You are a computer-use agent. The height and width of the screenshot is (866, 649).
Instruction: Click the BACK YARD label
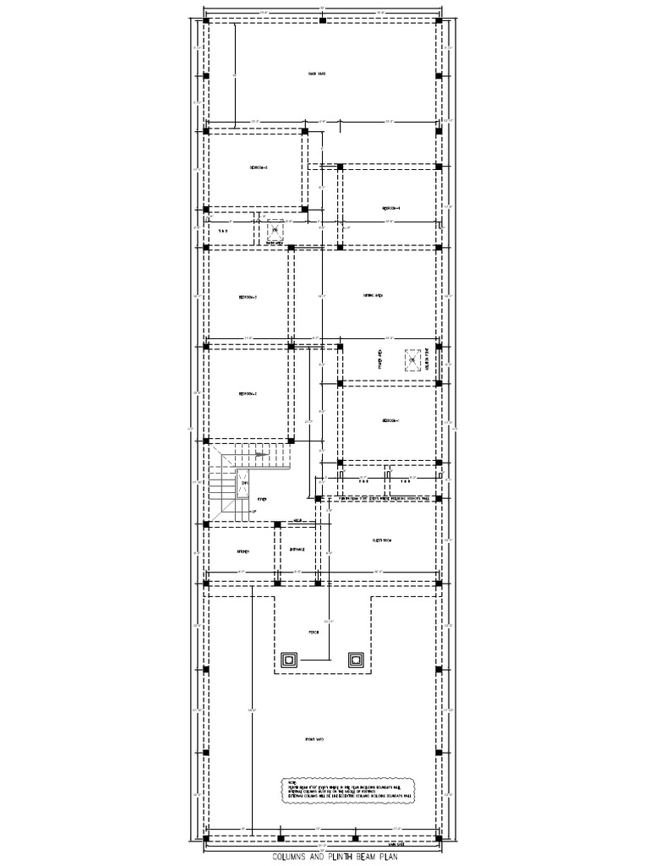317,74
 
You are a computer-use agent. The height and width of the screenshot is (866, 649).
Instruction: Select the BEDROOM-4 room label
390,207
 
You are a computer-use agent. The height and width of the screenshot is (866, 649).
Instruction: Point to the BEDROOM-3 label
248,298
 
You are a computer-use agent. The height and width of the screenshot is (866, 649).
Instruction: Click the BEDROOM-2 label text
248,394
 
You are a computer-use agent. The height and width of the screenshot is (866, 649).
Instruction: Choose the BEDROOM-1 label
390,420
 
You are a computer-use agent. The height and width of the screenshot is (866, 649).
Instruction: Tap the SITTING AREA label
374,296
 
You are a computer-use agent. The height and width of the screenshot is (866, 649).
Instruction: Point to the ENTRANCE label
297,550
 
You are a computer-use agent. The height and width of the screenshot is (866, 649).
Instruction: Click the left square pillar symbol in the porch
289,660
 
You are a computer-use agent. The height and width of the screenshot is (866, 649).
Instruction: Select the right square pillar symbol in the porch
356,660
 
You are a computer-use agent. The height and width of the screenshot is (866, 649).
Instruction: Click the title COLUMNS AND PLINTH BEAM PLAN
324,856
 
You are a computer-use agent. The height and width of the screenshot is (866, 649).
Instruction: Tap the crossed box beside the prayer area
412,361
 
